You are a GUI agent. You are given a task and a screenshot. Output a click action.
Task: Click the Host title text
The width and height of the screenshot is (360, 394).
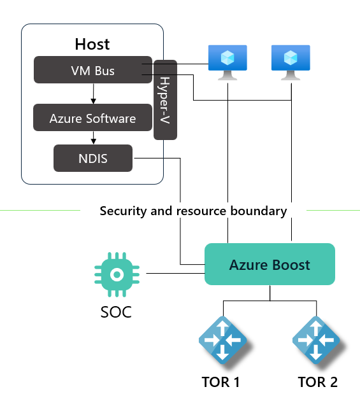[x=92, y=44]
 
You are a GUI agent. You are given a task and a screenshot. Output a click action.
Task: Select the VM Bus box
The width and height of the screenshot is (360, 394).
[x=92, y=70]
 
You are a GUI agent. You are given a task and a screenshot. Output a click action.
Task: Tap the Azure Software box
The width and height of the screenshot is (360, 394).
[x=92, y=118]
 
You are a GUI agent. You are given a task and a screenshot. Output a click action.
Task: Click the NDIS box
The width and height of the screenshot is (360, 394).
[x=93, y=158]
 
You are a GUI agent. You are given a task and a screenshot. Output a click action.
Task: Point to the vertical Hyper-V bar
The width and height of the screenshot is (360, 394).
[x=165, y=99]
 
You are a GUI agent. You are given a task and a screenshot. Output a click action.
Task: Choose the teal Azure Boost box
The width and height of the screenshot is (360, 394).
[x=270, y=264]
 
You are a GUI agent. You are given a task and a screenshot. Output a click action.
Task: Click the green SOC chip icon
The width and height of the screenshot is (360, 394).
[x=117, y=274]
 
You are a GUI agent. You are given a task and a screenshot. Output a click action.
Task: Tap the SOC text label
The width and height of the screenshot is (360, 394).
[x=116, y=313]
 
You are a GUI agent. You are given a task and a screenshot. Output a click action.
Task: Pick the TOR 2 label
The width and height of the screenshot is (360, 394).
[x=317, y=382]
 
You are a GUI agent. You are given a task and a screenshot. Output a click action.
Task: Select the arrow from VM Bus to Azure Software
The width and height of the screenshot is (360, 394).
[x=94, y=94]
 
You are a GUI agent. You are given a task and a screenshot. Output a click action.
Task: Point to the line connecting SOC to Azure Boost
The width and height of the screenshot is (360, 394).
[x=175, y=274]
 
